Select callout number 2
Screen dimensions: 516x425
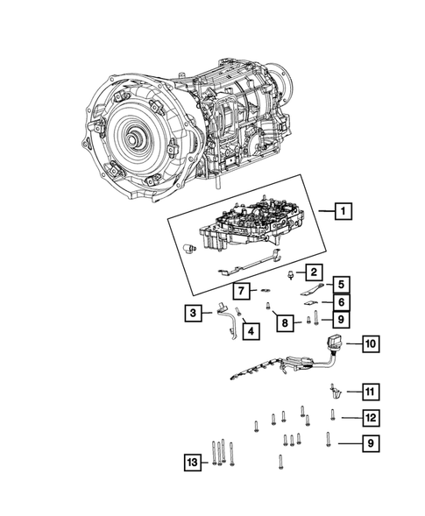[x=312, y=272]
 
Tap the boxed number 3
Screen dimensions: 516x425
[x=191, y=311]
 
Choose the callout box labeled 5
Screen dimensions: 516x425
[x=340, y=284]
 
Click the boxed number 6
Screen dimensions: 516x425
[x=340, y=302]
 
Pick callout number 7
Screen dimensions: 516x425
[x=238, y=290]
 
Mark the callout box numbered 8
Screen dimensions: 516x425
[x=286, y=323]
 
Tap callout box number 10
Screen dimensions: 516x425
[x=371, y=391]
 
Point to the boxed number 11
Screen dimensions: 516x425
[x=371, y=417]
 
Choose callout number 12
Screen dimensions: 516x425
[x=191, y=462]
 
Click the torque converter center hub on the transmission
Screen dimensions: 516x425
[x=135, y=138]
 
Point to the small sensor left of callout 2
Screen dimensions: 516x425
[x=289, y=273]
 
